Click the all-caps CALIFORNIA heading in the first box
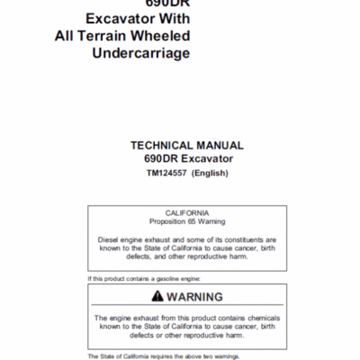[x=186, y=212]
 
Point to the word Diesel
[x=111, y=240]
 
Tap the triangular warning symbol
[x=158, y=296]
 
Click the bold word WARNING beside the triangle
[x=196, y=297]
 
